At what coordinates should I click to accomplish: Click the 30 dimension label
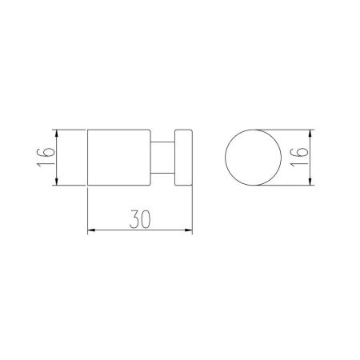click(x=140, y=219)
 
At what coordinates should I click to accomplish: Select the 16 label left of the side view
click(x=46, y=157)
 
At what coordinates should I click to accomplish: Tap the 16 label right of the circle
click(x=299, y=157)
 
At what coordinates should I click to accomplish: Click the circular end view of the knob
click(x=253, y=158)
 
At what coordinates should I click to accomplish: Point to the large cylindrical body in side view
click(x=119, y=158)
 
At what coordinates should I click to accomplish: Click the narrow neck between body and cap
click(x=162, y=158)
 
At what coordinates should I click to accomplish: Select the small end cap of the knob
click(x=183, y=158)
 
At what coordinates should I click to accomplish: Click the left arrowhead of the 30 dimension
click(x=91, y=230)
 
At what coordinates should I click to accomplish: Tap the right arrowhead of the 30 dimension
click(x=189, y=230)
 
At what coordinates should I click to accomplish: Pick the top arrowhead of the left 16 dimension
click(x=56, y=134)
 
